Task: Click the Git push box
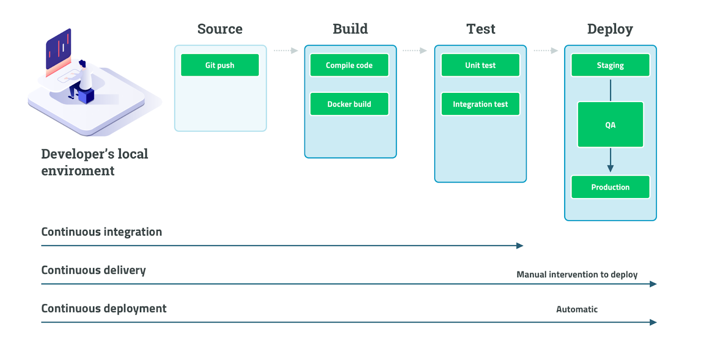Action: (220, 65)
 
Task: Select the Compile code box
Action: (349, 65)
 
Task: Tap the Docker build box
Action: (349, 104)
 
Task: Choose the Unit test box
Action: (480, 65)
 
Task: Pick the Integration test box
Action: (480, 104)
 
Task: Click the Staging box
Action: (610, 65)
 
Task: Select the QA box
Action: (610, 125)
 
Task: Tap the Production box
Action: (610, 187)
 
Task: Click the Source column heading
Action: (220, 29)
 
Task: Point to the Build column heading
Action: (350, 29)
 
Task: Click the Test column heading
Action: (480, 29)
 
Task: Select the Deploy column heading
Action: (610, 29)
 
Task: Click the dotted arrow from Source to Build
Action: (286, 51)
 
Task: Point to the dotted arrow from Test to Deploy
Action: (546, 51)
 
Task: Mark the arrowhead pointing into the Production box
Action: (610, 168)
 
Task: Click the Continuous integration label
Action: (101, 232)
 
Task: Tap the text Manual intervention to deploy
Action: (576, 275)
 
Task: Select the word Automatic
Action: (576, 309)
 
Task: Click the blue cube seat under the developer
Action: (86, 96)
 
